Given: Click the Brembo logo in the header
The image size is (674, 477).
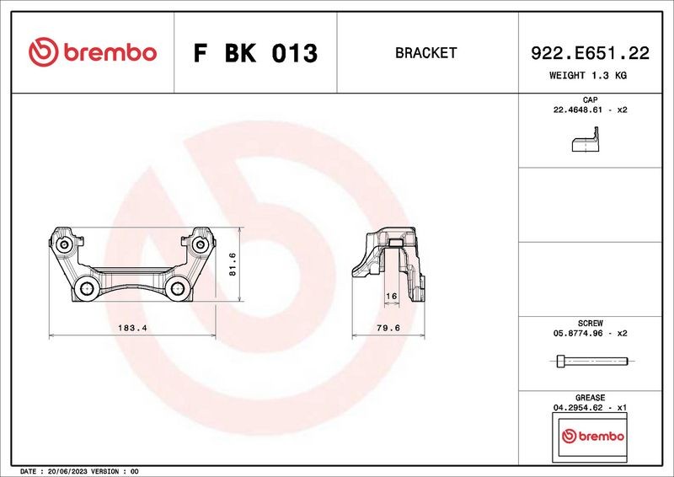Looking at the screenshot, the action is tap(93, 52).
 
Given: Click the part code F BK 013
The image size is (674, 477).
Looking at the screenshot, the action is tap(255, 53).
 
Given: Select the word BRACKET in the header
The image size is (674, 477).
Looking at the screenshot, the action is tap(425, 53).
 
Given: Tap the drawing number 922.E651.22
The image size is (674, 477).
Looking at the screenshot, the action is tap(590, 53).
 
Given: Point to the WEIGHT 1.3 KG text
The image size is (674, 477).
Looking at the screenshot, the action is tap(587, 75).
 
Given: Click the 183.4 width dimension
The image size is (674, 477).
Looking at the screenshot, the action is tap(132, 328).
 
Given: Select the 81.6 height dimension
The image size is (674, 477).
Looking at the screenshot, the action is tap(233, 264).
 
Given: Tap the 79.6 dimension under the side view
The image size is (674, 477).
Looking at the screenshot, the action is tap(388, 328).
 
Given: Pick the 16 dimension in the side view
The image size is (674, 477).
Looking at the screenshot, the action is tap(391, 297).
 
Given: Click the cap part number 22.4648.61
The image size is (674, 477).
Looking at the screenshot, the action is tap(578, 110).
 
